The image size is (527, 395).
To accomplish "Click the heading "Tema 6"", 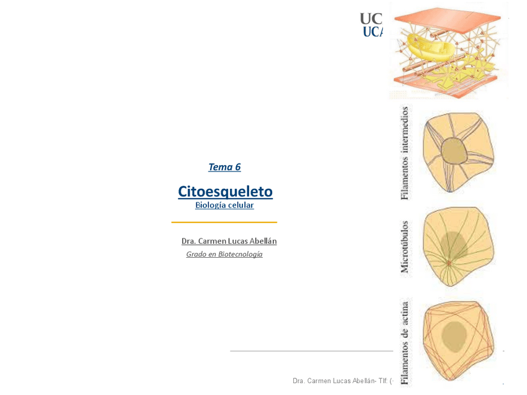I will (x=224, y=167).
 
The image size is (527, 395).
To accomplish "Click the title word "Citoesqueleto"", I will (x=225, y=191).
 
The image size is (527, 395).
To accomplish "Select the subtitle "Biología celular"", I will (x=224, y=205).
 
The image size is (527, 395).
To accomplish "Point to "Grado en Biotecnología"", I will (x=224, y=254).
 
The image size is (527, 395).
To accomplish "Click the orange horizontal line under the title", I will (x=224, y=222).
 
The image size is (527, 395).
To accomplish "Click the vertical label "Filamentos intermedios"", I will (x=405, y=153).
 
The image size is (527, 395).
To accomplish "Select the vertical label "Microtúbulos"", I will (x=405, y=247).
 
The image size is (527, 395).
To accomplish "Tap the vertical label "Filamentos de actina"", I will (x=405, y=342).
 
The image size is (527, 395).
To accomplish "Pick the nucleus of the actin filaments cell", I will (x=455, y=335).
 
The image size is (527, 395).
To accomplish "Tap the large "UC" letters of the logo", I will (x=371, y=19).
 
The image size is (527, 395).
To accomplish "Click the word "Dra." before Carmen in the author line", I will (x=188, y=241).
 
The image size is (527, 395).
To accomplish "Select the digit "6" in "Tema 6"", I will (x=237, y=167).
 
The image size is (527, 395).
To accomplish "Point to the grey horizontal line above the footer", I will (x=311, y=351).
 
